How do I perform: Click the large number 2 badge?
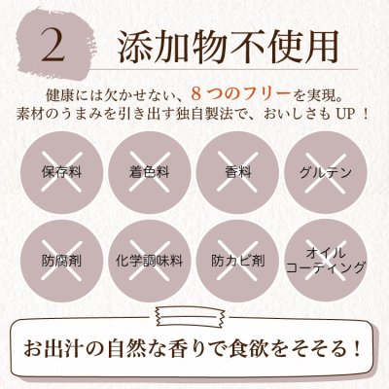54,46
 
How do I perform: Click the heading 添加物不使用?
228,46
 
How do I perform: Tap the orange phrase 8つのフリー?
240,94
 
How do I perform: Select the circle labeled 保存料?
61,172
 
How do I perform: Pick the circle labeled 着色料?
149,172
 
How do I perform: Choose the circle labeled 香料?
237,172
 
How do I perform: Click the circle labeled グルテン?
326,172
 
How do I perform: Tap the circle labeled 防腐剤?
61,261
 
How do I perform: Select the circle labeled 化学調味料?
149,261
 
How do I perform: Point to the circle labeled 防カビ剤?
237,261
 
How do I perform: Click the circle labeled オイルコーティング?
326,261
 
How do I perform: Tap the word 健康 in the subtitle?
57,94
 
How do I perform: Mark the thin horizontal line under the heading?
225,69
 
